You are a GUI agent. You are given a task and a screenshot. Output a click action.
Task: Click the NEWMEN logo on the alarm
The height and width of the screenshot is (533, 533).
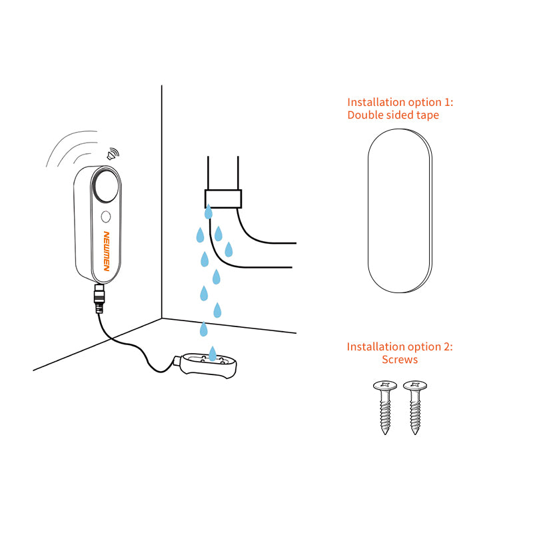click(x=106, y=251)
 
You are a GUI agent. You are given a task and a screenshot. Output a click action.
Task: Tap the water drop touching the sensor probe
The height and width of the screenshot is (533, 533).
click(x=213, y=353)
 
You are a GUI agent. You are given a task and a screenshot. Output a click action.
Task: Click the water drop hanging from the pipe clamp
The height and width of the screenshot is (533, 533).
click(x=209, y=213)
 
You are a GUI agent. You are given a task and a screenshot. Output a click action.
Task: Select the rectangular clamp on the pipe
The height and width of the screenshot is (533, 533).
click(x=223, y=199)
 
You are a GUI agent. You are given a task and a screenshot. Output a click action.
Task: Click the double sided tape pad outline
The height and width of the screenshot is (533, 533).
click(x=400, y=210)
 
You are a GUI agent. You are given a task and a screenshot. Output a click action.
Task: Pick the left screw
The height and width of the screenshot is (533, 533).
click(x=385, y=407)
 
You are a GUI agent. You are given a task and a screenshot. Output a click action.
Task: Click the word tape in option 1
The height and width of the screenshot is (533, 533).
click(x=426, y=115)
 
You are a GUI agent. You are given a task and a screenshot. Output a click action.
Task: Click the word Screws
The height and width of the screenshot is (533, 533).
click(x=400, y=360)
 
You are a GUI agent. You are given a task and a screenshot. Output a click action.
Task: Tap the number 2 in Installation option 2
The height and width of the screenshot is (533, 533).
click(x=448, y=347)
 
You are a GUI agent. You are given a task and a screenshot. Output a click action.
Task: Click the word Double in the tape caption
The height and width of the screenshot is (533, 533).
click(x=364, y=115)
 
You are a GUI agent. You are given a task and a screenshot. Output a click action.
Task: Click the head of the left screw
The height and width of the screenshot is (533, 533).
click(x=385, y=386)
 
